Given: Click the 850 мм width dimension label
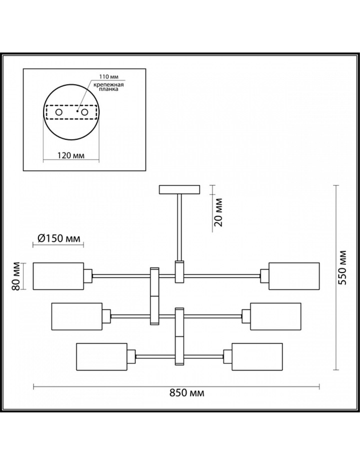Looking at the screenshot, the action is point(187,393).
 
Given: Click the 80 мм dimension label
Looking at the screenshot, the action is point(16,276).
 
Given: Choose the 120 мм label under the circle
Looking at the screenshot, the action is point(71,155).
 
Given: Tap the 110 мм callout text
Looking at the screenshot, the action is point(108,76).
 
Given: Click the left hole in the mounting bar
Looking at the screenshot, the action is point(58,112).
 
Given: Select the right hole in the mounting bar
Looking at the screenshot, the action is point(85,112).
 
